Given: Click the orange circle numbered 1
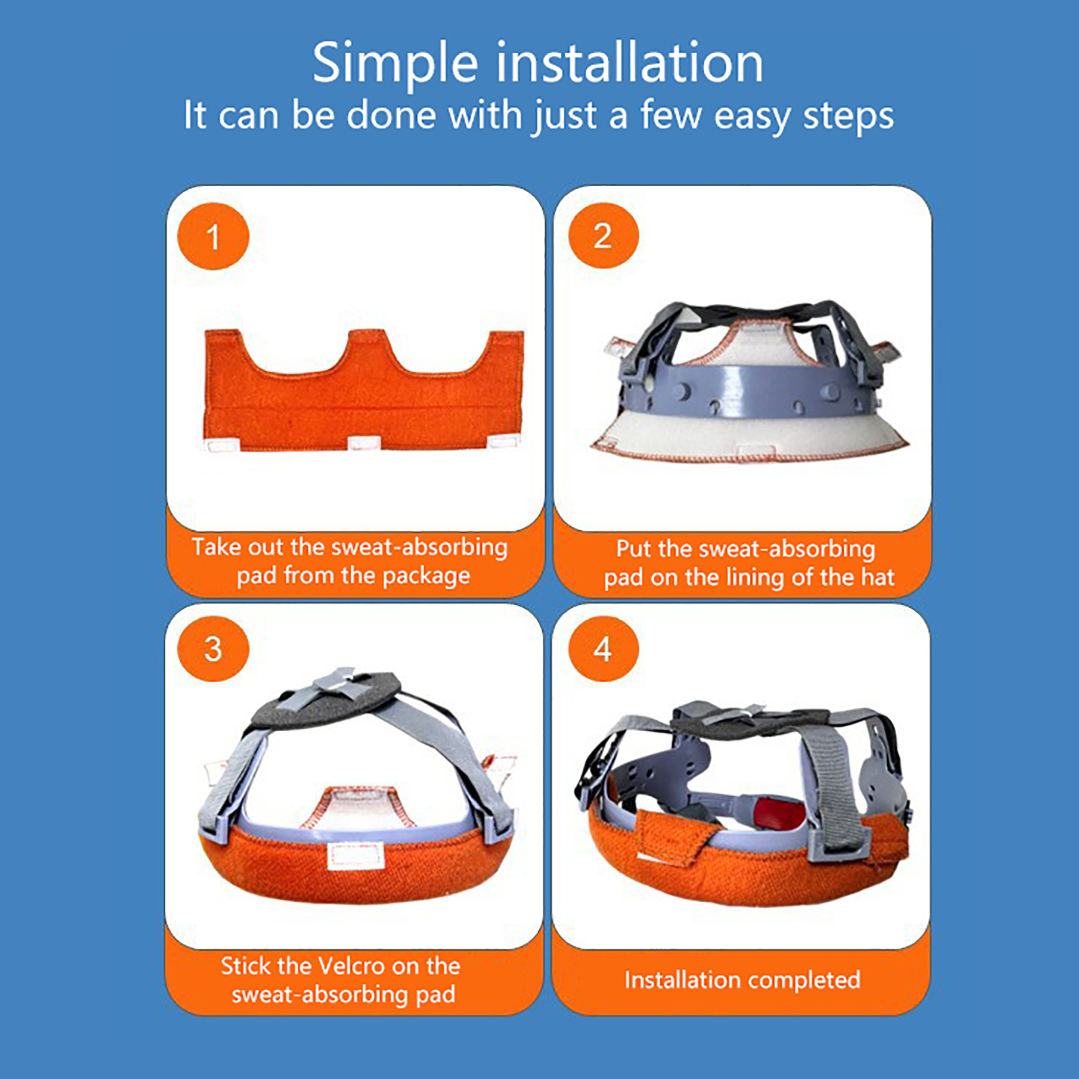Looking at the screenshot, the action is coord(213,237).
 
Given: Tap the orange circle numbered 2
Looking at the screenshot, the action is coord(603,236).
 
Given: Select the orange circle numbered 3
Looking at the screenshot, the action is coord(213,649).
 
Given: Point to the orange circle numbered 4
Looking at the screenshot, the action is coord(603,649).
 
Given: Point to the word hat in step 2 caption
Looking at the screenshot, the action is coord(877,577).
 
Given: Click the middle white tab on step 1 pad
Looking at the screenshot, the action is coord(364,443).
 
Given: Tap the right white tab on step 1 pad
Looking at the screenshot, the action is coord(503,442).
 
